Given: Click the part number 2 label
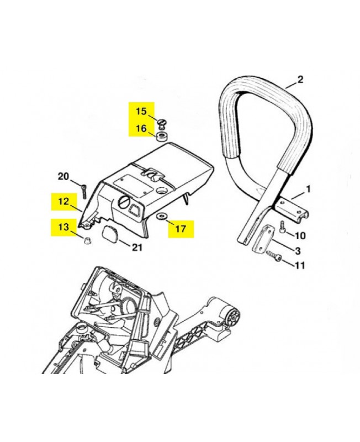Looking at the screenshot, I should [x=300, y=80].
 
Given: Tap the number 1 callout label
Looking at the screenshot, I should [x=308, y=189].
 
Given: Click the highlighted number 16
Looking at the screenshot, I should [x=141, y=129].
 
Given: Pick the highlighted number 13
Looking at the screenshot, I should [x=65, y=227].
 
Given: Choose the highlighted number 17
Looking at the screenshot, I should [x=182, y=227].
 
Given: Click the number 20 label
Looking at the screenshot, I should [x=64, y=177].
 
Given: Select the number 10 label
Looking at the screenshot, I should [x=300, y=236].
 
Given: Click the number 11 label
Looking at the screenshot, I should [x=299, y=265].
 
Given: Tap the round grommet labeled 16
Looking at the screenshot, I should [x=162, y=136].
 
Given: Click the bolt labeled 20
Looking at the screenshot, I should [x=83, y=191].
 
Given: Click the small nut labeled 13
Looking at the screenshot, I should [x=86, y=239].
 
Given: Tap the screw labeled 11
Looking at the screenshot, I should [x=273, y=257].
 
